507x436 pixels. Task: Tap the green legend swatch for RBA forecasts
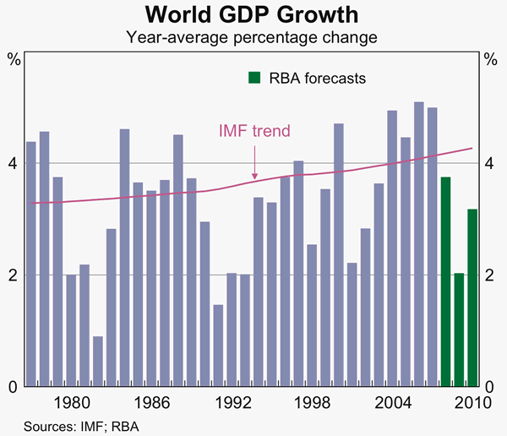coord(253,78)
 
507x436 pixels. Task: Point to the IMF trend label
coord(254,131)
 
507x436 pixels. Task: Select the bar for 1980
coord(71,330)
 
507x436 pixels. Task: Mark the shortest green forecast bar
coord(459,330)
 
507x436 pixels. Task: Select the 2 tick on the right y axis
coord(492,275)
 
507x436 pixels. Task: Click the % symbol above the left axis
coord(14,59)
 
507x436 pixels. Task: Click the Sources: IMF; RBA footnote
coord(74,425)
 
